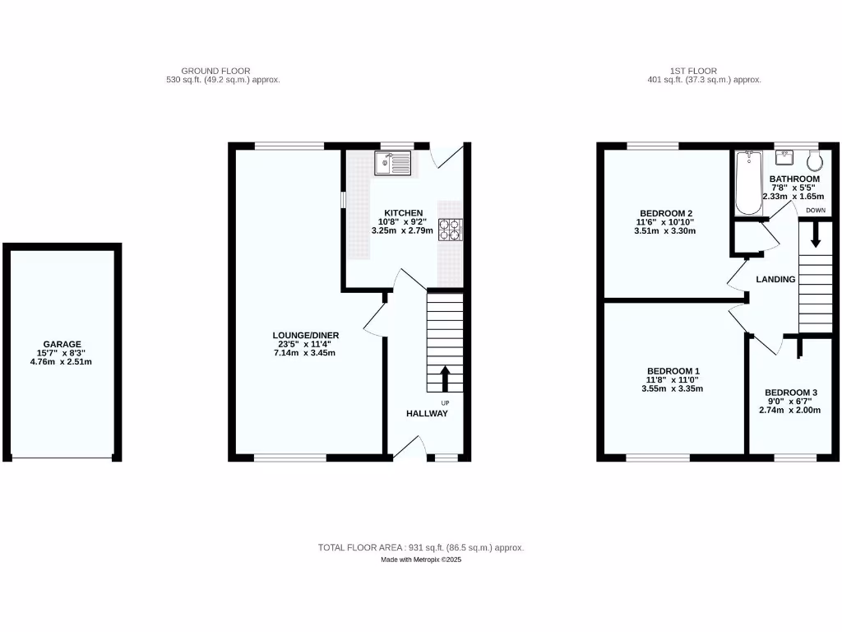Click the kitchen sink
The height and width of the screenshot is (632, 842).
[393, 164]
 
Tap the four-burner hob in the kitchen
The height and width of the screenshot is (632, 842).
[451, 229]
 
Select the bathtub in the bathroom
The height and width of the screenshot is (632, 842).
[749, 183]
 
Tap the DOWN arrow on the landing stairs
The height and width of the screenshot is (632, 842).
[816, 235]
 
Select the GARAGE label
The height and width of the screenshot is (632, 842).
[62, 344]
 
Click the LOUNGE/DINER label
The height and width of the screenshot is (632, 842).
[306, 335]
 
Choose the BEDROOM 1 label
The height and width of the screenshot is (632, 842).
[672, 370]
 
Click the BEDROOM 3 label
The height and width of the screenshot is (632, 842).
[792, 392]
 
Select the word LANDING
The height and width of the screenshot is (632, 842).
[775, 279]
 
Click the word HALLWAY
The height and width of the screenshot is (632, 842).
[427, 413]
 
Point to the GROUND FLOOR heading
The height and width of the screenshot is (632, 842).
[215, 72]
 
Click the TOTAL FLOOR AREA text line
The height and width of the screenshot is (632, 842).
[421, 547]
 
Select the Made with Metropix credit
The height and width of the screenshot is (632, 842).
[421, 560]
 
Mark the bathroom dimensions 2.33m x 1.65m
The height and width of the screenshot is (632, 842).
[793, 197]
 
